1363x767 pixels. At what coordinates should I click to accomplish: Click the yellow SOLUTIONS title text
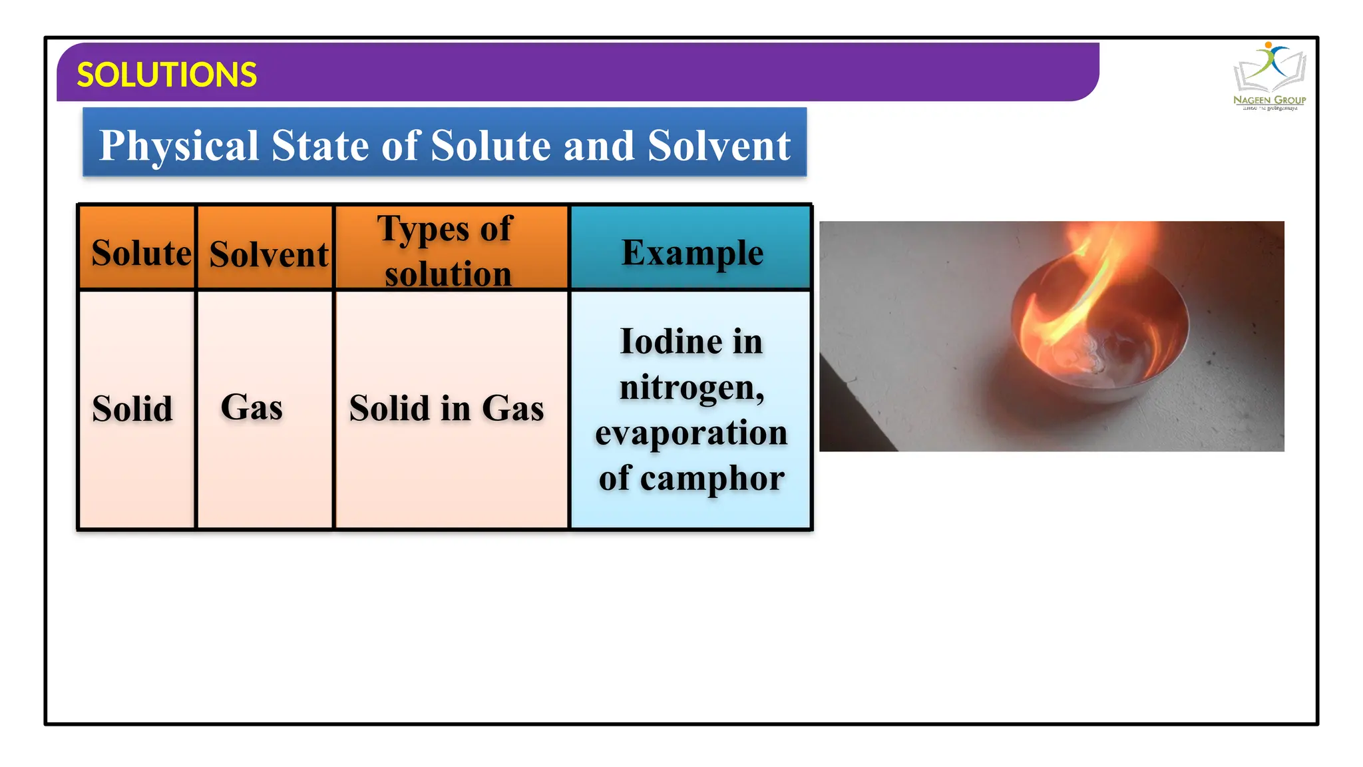166,75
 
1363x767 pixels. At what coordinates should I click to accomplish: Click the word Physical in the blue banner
178,146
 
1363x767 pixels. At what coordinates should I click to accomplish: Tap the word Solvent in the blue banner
718,146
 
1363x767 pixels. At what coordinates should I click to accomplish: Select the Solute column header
140,253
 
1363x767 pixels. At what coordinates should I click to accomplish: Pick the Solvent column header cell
268,254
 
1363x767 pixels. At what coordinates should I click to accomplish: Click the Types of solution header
447,251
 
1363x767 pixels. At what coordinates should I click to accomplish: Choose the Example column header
692,252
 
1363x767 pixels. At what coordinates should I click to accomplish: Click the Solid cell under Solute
132,408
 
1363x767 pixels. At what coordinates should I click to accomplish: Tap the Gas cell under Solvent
252,407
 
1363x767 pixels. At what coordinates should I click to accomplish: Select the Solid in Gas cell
447,408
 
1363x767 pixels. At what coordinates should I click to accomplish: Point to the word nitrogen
691,387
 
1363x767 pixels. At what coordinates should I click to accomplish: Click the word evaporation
691,433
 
